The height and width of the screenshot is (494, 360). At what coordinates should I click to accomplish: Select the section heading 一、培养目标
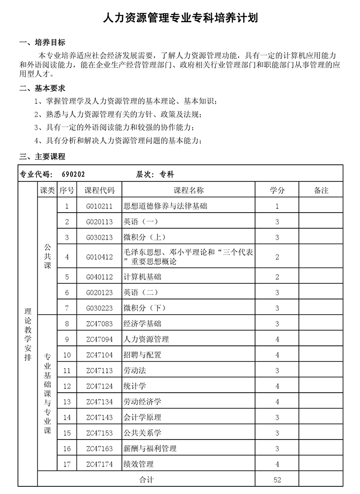[x=43, y=43]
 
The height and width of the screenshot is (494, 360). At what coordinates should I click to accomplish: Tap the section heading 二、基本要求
[x=43, y=88]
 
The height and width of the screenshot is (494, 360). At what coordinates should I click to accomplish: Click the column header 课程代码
[x=99, y=190]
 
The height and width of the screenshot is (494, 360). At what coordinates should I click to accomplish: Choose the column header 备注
[x=321, y=190]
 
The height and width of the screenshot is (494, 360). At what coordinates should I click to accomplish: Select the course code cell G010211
[x=99, y=206]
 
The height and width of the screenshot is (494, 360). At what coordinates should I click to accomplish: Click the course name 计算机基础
[x=142, y=276]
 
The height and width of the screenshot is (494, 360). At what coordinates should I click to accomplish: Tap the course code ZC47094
[x=99, y=339]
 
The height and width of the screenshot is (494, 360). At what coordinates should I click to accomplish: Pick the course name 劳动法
[x=135, y=371]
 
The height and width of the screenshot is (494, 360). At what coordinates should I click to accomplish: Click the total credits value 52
[x=277, y=480]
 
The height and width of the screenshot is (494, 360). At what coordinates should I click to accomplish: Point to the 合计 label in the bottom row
[x=146, y=480]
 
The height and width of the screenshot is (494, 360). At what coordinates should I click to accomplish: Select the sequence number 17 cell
[x=67, y=464]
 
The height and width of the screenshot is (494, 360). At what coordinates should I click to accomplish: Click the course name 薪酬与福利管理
[x=150, y=449]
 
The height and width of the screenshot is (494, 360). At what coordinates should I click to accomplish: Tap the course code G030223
[x=99, y=308]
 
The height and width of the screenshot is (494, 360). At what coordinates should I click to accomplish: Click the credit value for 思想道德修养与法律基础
[x=277, y=206]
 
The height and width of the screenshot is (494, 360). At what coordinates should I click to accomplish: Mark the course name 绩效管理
[x=139, y=464]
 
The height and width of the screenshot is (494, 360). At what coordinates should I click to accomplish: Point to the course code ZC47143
[x=99, y=417]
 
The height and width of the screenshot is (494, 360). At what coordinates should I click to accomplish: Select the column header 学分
[x=277, y=190]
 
